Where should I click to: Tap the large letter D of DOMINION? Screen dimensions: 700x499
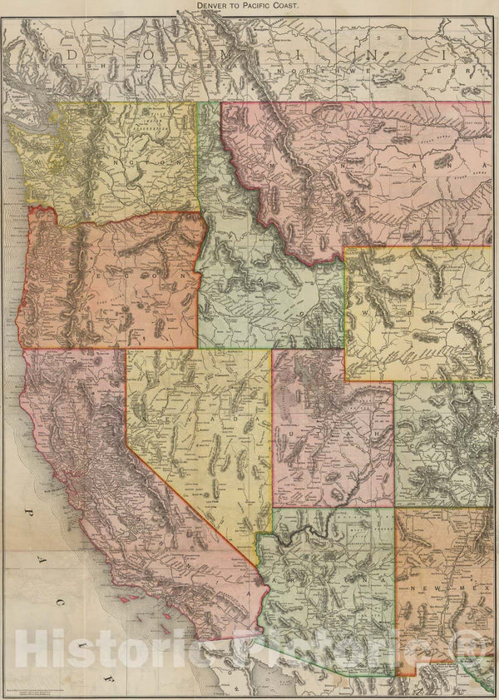[72, 57]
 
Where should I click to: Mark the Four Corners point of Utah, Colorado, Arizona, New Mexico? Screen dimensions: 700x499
[394, 507]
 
